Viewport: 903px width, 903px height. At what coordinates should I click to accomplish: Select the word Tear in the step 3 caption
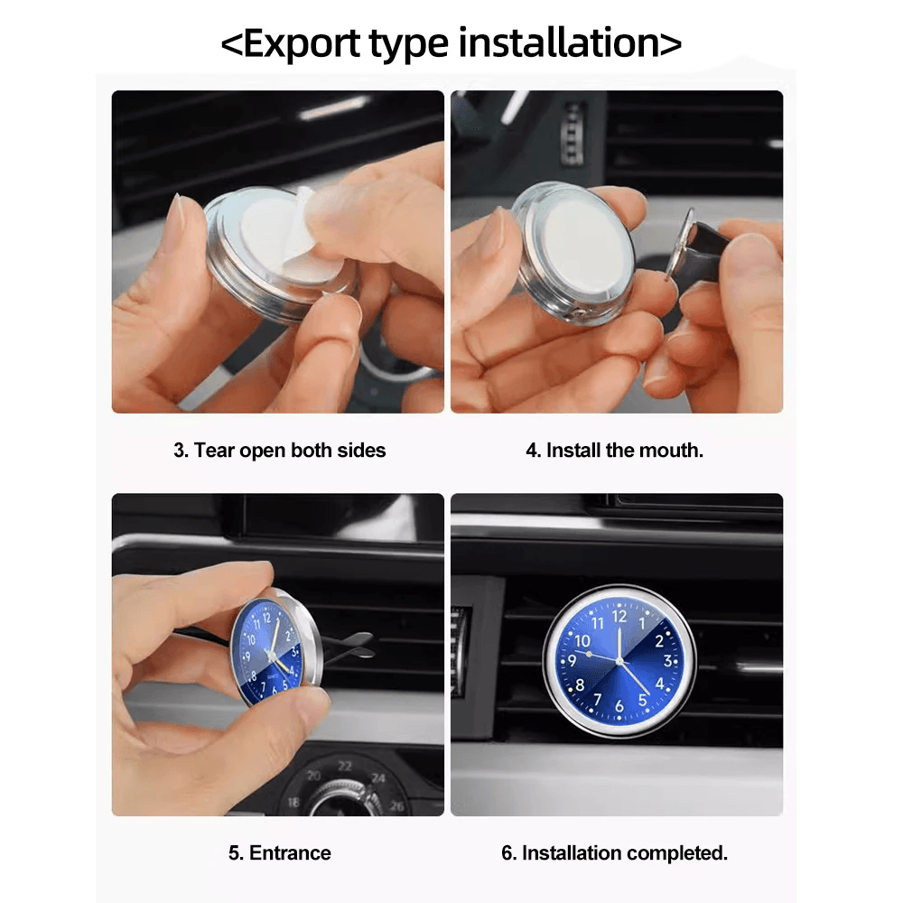(x=215, y=450)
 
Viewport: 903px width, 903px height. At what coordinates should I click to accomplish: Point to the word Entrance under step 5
(x=290, y=852)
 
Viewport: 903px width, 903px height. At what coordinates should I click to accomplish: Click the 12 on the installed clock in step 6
(x=619, y=617)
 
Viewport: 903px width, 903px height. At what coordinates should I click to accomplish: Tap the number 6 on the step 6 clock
(x=619, y=707)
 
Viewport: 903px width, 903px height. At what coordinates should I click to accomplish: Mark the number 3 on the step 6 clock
(x=667, y=661)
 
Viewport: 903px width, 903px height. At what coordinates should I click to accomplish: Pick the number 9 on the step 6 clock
(x=573, y=660)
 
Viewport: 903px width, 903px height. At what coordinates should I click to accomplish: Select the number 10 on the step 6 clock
(x=579, y=638)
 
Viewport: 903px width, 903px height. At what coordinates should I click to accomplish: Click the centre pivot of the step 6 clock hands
(x=619, y=661)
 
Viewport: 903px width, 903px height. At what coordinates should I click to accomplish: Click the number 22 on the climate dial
(x=345, y=766)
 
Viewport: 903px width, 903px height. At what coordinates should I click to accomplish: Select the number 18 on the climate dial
(x=294, y=801)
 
